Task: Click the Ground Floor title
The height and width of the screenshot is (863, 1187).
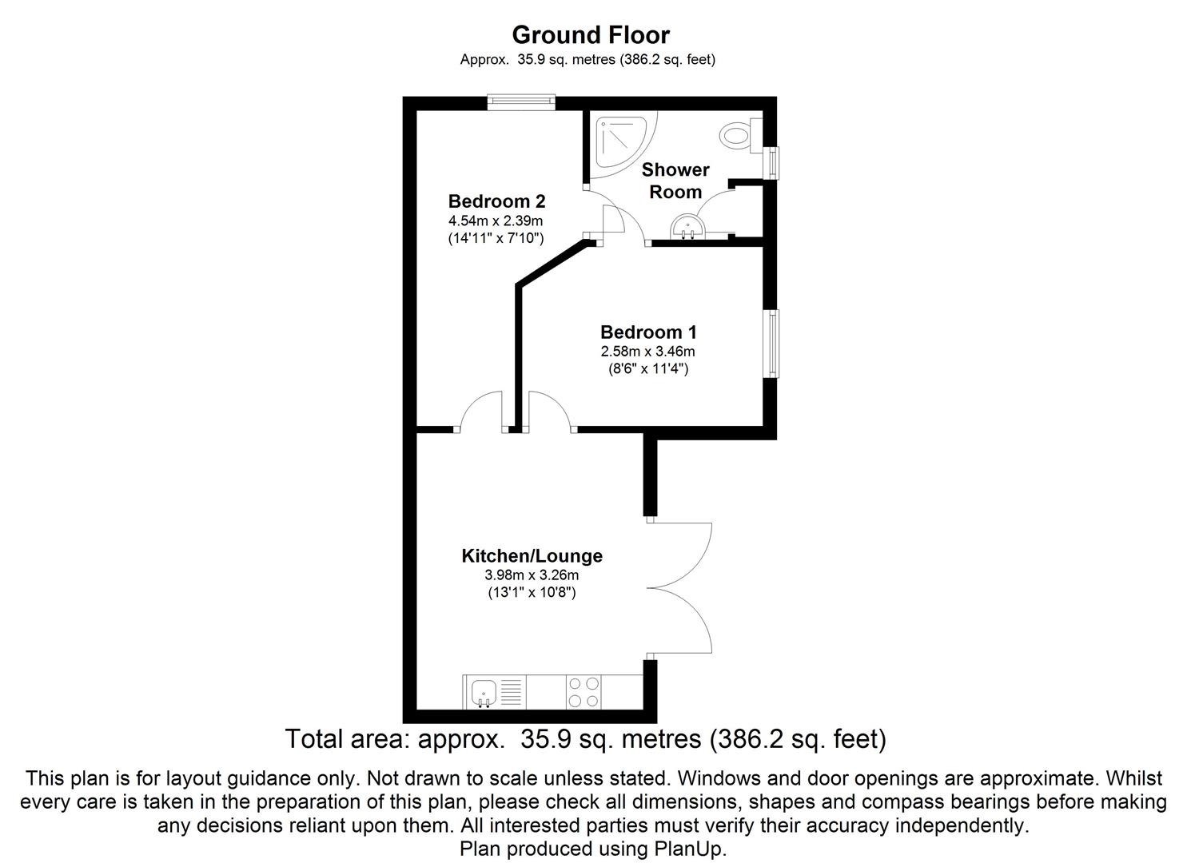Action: click(x=590, y=35)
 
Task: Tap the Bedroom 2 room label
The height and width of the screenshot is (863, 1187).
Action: click(x=496, y=201)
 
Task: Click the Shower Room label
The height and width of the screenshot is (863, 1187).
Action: click(x=675, y=181)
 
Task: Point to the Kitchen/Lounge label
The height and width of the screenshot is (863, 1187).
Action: click(x=532, y=556)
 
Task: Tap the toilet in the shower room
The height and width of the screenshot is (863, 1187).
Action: click(x=740, y=134)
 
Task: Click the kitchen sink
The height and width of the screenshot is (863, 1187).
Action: click(x=484, y=691)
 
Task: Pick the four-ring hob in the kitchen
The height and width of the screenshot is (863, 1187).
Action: click(x=584, y=692)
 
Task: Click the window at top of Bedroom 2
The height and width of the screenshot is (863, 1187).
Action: click(x=521, y=101)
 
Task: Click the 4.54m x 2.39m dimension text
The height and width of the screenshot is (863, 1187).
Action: click(x=496, y=221)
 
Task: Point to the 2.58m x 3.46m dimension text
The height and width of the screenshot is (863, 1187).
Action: click(x=648, y=352)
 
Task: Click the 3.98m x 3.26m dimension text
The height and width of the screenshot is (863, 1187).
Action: click(x=532, y=575)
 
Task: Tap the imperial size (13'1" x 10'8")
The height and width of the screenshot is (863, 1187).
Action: click(x=532, y=593)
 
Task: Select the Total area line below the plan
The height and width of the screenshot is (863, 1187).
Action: click(x=586, y=739)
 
